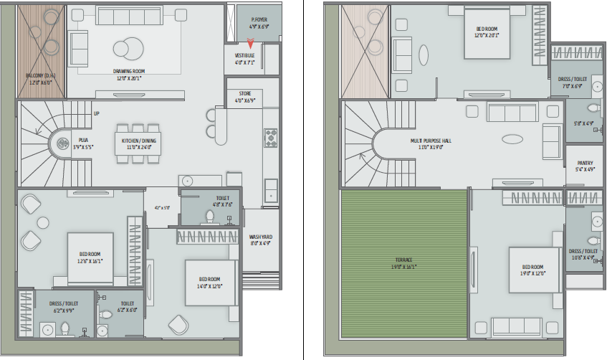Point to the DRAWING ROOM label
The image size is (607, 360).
129,71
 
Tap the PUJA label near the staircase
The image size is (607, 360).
84,141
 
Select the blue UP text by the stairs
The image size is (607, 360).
97,113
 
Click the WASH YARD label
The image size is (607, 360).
261,237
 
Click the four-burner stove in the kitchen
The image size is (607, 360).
272,137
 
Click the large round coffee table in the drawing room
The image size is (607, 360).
129,47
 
